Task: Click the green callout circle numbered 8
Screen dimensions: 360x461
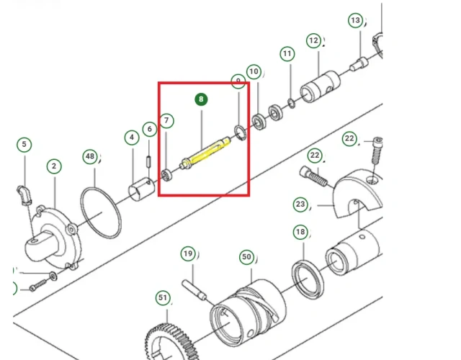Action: coord(201,99)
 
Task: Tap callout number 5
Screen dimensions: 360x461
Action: coord(24,145)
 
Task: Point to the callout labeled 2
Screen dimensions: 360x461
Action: coord(54,166)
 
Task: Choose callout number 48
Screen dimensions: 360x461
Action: coord(89,156)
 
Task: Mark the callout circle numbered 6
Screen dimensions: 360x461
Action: coord(149,130)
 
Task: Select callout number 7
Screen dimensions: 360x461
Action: coord(166,120)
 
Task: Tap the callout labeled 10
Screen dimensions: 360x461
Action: coord(253,72)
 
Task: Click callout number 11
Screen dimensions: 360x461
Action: coord(287,55)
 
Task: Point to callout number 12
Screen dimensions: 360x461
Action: coord(313,41)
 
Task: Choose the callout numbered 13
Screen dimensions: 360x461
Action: coord(355,20)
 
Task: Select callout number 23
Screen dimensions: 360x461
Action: coord(300,204)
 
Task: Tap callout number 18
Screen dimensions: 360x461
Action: coord(300,233)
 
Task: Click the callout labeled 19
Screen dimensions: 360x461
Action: coord(187,253)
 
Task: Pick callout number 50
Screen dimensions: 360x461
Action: coord(246,256)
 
